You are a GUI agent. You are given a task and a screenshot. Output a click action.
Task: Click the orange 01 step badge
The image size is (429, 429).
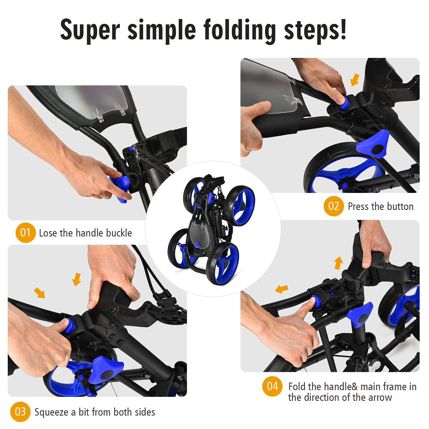pyautogui.click(x=25, y=232)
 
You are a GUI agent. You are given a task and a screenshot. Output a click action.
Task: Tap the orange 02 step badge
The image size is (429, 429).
pyautogui.click(x=334, y=206)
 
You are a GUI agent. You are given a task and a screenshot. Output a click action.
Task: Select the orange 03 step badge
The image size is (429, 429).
pyautogui.click(x=20, y=412)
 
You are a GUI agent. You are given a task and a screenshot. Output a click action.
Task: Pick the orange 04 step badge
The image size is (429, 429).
pyautogui.click(x=272, y=386)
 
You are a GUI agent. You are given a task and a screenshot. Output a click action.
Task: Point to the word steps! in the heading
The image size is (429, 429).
pyautogui.click(x=315, y=30)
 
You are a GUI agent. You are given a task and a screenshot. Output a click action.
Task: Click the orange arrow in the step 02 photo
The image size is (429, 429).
pyautogui.click(x=355, y=80)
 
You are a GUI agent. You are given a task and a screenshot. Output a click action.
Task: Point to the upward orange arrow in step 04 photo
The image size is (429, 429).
pyautogui.click(x=339, y=263)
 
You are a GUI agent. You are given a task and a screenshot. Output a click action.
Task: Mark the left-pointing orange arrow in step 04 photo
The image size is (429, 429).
pyautogui.click(x=282, y=289)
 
